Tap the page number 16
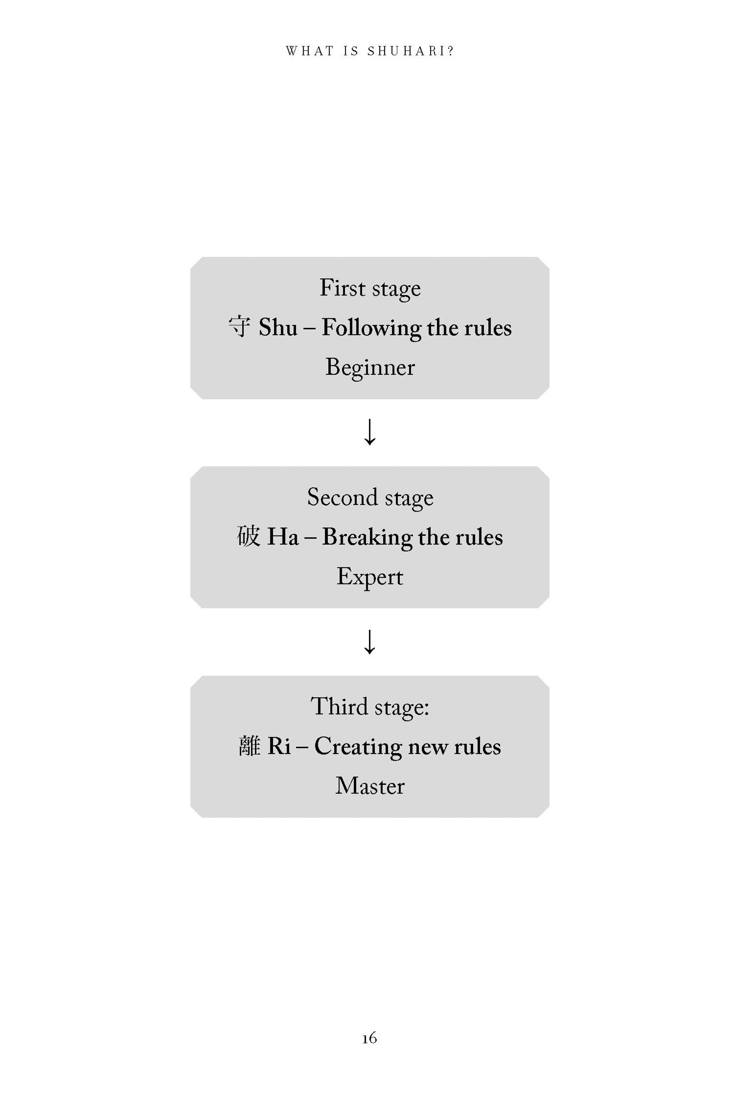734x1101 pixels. [369, 1038]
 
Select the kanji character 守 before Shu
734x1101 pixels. [240, 327]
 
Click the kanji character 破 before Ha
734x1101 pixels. [248, 536]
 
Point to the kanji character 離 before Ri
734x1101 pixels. [249, 746]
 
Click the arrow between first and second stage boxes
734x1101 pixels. [370, 432]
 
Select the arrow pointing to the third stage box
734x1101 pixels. [370, 641]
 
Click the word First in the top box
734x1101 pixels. [342, 287]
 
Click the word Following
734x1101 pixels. [371, 328]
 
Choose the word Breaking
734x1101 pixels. [367, 537]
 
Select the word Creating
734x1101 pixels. [357, 746]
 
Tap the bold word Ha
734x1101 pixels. [283, 537]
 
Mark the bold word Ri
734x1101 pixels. [279, 746]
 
